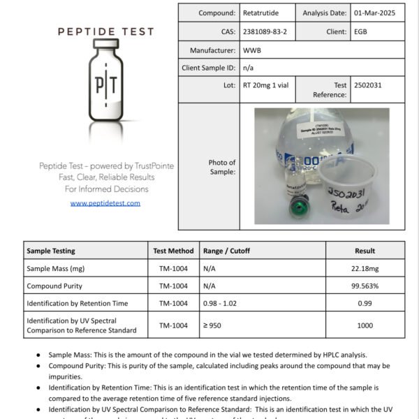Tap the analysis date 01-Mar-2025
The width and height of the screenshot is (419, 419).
(377, 13)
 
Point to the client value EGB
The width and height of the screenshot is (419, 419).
(361, 31)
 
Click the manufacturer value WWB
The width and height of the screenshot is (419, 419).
(252, 50)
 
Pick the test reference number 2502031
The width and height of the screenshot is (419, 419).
(369, 85)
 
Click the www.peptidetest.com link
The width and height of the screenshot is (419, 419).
(105, 203)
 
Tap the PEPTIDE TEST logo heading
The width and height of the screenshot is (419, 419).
(105, 31)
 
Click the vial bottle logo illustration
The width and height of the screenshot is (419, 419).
(105, 87)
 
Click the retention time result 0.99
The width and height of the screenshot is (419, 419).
(365, 303)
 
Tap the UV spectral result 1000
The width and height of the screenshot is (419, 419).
(365, 325)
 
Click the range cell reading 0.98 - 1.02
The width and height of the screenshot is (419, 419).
(226, 303)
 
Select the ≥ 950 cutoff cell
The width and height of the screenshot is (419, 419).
(215, 325)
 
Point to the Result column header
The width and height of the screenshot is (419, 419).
(365, 251)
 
